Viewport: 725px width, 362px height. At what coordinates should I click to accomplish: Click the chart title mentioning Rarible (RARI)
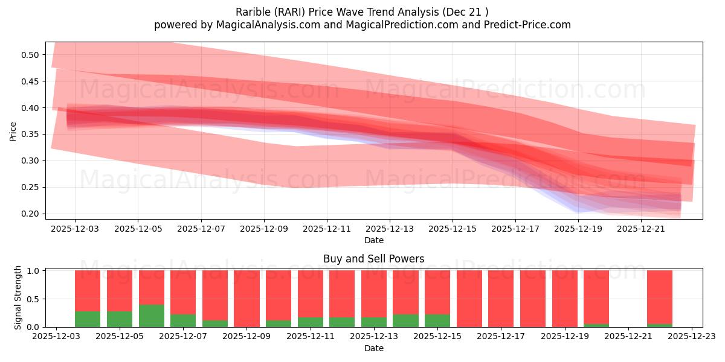(x=362, y=11)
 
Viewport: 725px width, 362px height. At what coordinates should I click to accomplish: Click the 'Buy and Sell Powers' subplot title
(x=373, y=259)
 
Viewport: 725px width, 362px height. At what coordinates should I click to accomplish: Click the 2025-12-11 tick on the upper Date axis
(x=327, y=229)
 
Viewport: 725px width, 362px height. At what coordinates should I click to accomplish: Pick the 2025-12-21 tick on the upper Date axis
(x=641, y=229)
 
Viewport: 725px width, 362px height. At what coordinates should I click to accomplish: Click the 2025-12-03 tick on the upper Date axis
(x=75, y=229)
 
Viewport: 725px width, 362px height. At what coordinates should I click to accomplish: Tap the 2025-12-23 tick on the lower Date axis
(x=691, y=337)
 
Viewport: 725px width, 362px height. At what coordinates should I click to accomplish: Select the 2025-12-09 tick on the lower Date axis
(x=246, y=337)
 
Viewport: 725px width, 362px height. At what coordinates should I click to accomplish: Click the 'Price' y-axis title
(x=13, y=130)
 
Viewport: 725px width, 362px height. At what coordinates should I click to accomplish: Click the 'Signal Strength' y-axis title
(x=18, y=297)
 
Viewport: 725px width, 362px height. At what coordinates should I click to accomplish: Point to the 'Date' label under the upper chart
(x=373, y=240)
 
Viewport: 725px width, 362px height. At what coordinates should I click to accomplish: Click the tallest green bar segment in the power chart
(x=151, y=316)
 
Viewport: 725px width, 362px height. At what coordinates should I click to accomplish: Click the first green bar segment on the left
(x=88, y=319)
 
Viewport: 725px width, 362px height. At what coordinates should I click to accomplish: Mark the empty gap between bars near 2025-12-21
(x=628, y=299)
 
